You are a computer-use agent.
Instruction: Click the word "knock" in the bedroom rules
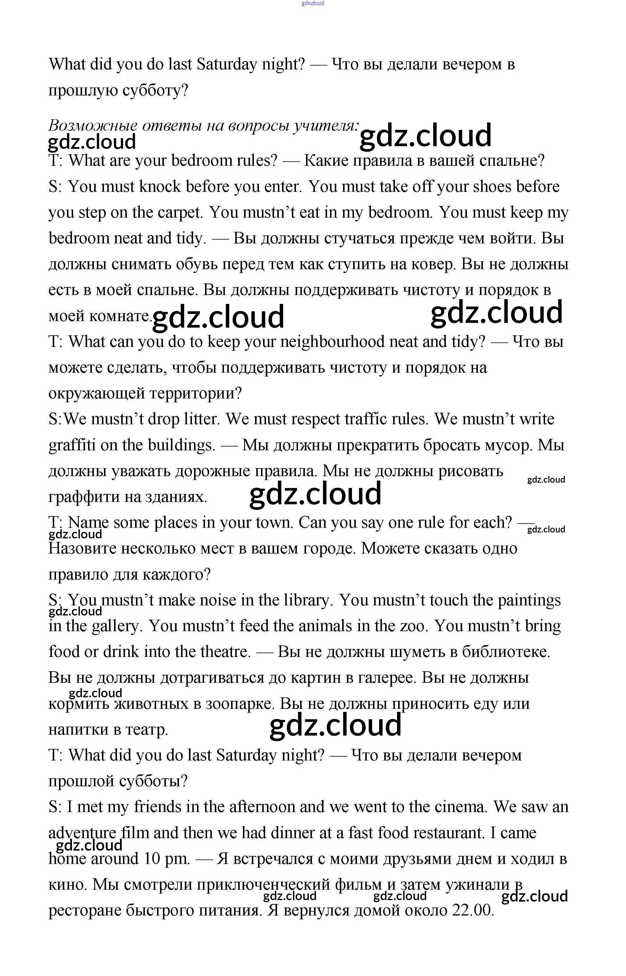(x=160, y=187)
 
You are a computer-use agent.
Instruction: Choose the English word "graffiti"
(x=72, y=445)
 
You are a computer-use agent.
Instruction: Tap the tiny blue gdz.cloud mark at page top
(x=313, y=4)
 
